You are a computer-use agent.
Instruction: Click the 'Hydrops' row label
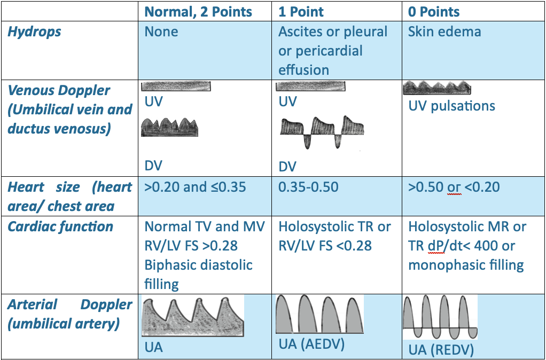[34, 32]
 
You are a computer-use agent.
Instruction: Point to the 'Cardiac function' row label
[60, 226]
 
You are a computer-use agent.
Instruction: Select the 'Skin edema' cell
[444, 32]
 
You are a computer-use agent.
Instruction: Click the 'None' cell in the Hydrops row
[161, 32]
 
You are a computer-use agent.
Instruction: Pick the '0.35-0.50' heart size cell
[308, 187]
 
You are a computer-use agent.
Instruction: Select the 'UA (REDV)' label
[441, 350]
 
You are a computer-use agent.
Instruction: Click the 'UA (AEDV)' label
[311, 344]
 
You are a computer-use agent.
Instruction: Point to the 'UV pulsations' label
[451, 106]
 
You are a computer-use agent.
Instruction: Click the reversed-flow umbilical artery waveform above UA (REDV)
[440, 317]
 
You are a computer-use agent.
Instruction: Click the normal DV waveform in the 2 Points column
[169, 127]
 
